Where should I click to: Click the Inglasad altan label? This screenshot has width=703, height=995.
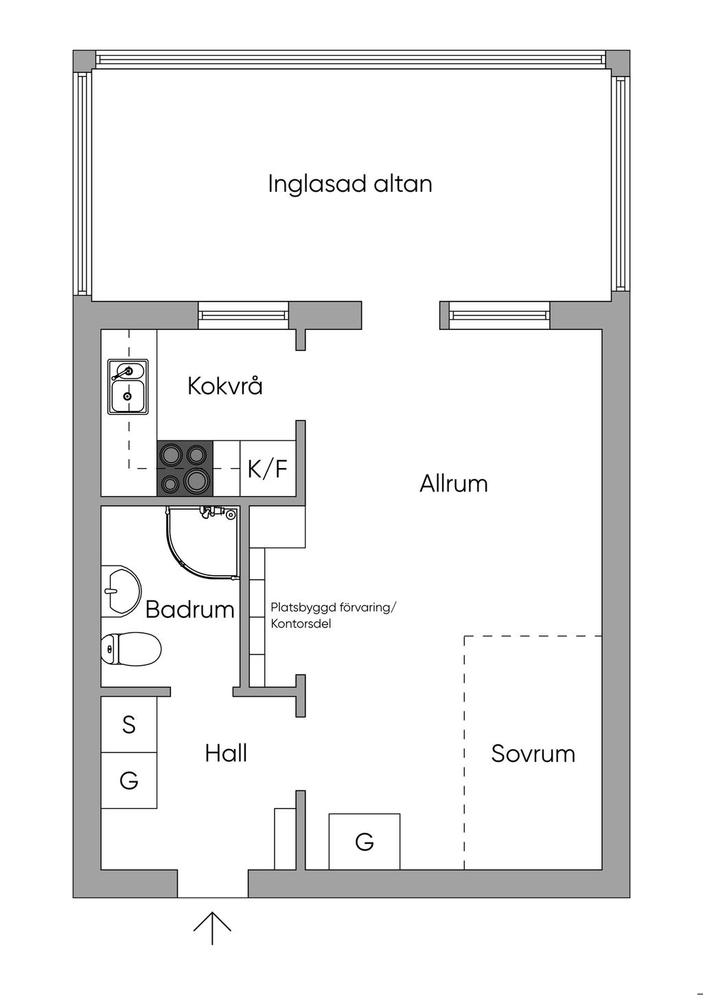(350, 184)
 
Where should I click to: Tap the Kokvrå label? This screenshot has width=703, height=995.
(225, 385)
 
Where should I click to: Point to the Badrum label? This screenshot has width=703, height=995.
(190, 610)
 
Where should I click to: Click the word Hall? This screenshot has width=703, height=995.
(226, 753)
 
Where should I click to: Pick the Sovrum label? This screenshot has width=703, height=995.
(533, 754)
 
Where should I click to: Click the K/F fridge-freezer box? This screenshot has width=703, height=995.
(268, 468)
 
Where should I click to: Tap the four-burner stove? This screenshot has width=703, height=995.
(185, 468)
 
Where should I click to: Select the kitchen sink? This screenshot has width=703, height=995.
(128, 387)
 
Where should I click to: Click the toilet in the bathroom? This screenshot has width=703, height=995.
(131, 649)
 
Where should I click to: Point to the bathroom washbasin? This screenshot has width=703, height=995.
(121, 591)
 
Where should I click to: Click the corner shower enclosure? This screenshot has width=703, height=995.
(203, 542)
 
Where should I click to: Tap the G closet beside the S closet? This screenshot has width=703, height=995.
(128, 781)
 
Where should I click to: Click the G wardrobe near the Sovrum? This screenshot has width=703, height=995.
(365, 842)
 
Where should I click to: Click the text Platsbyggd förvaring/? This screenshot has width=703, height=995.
(332, 607)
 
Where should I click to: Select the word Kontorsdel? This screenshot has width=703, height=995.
(301, 624)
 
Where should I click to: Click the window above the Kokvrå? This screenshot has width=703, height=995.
(243, 315)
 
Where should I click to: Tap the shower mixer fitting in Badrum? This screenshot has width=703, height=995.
(209, 513)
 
